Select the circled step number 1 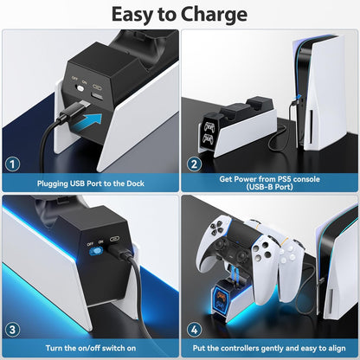coord(13,164)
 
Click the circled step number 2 coord(195,164)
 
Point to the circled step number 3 coord(13,329)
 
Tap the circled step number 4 coord(195,329)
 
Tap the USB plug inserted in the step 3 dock coord(119,258)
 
